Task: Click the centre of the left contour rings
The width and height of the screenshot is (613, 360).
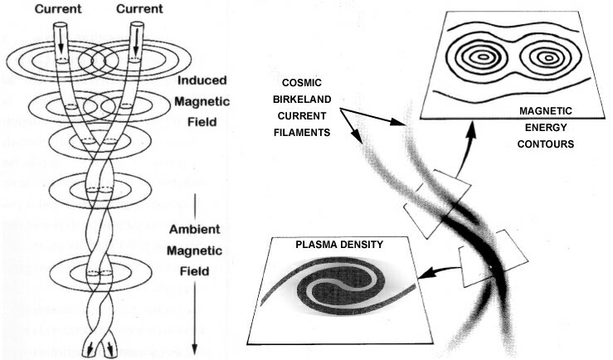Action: point(479,58)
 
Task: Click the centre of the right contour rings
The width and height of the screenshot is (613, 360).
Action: point(547,58)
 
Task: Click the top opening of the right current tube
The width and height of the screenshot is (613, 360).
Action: point(139,26)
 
